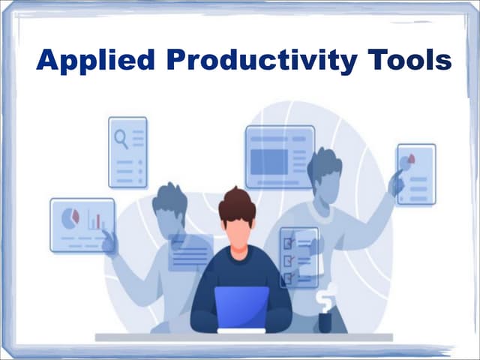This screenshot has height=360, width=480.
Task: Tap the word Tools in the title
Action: [x=409, y=59]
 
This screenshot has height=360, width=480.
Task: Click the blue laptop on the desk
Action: [x=241, y=307]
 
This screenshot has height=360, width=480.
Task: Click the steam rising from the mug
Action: [x=327, y=297]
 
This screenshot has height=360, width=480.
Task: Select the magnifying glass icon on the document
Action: [x=120, y=137]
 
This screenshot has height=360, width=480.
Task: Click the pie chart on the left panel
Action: [x=70, y=217]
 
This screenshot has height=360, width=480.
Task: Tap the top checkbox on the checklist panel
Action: [x=287, y=242]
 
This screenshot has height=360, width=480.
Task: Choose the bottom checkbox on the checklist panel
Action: [x=287, y=277]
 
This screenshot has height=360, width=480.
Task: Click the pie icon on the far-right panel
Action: [x=408, y=162]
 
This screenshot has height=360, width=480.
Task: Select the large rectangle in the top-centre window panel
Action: [x=268, y=161]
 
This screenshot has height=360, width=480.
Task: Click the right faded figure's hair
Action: [x=325, y=163]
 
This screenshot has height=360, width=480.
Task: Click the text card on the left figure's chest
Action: [x=190, y=253]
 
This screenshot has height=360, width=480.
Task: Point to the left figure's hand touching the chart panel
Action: [x=110, y=241]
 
